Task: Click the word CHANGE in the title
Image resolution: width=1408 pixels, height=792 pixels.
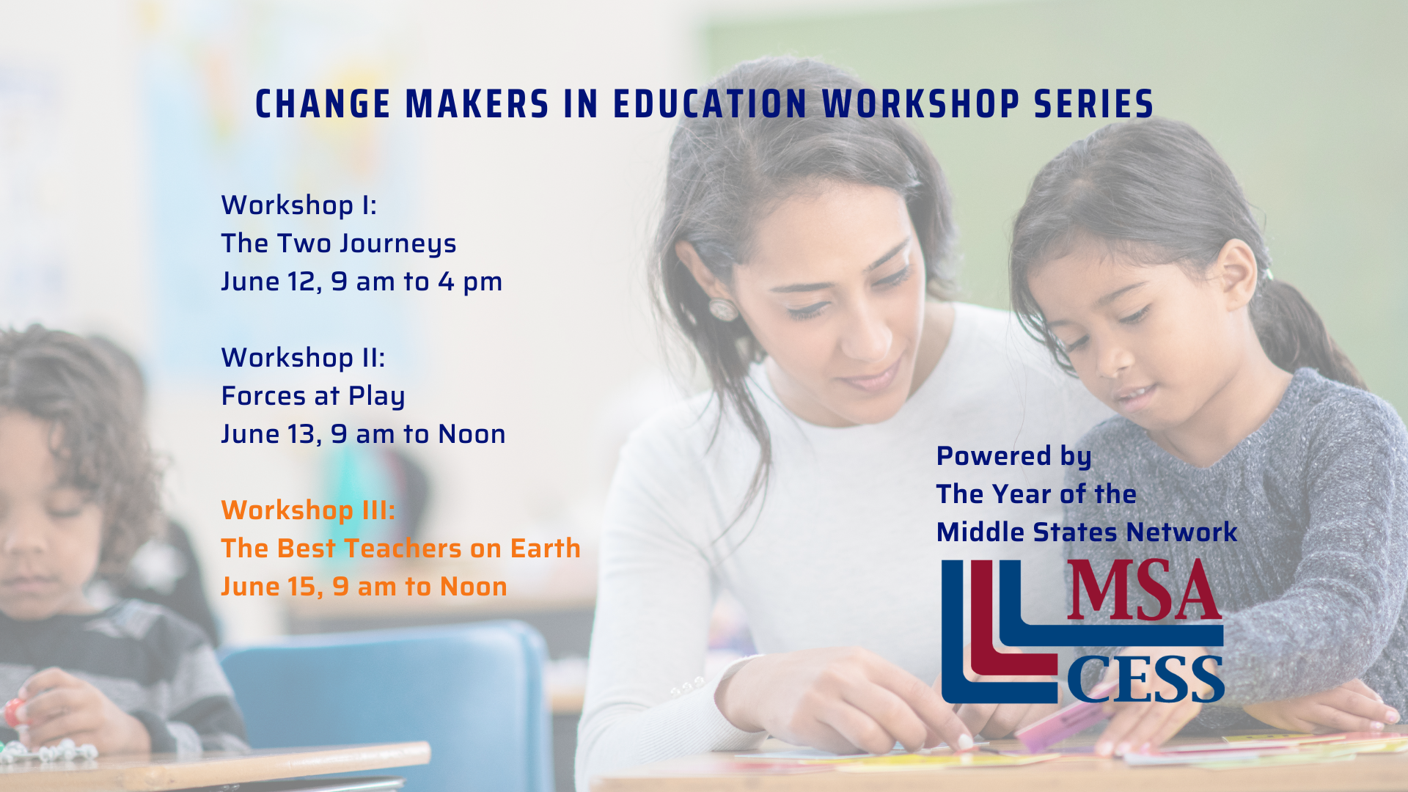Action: coord(323,104)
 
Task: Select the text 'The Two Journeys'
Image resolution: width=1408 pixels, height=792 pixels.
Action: coord(339,244)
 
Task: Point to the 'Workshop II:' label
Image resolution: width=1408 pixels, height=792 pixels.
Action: coord(303,358)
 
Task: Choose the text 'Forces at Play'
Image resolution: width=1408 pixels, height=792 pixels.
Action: coord(313,397)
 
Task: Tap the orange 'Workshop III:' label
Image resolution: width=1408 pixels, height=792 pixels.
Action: coord(308,510)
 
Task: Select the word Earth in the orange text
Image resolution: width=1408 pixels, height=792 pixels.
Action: coord(546,549)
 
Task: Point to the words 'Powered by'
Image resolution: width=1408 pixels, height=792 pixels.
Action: coord(1014,457)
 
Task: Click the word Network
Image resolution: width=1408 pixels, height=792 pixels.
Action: coord(1182,532)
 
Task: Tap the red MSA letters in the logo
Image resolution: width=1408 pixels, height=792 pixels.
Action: coord(1144,590)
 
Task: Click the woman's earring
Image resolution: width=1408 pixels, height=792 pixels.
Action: coord(722,308)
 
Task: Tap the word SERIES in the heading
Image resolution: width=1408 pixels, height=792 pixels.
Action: coord(1094,104)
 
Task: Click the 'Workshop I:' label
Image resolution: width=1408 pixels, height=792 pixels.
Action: coord(299,205)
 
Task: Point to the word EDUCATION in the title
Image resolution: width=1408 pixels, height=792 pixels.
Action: coord(710,104)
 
